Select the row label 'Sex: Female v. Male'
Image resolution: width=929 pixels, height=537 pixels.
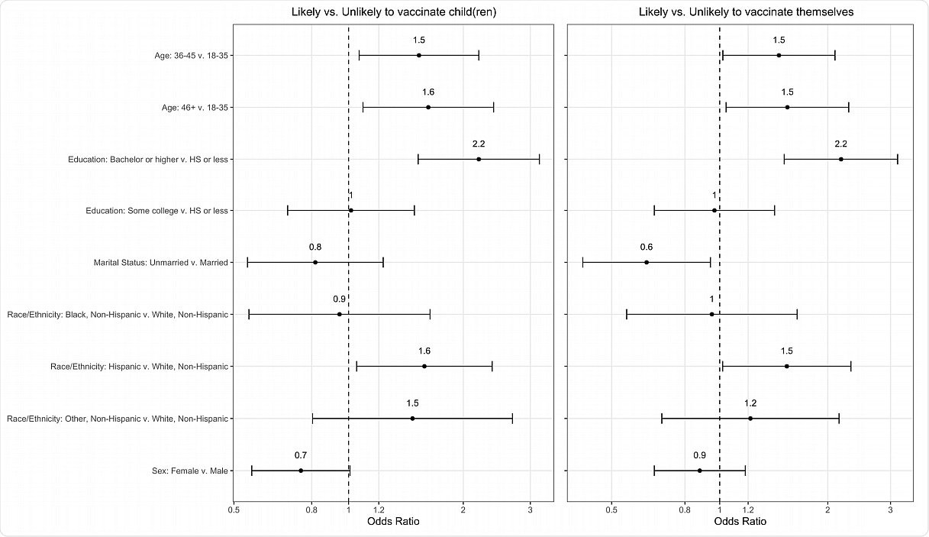[190, 471]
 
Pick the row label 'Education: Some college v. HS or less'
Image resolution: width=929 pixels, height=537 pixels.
[157, 211]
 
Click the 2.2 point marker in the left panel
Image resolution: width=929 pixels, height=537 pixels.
[479, 159]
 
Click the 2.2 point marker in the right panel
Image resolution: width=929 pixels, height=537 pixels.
[840, 159]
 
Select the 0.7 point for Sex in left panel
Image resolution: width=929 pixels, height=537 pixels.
[301, 471]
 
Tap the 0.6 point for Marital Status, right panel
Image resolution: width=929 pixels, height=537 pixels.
[647, 262]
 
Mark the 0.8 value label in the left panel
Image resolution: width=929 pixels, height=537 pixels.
[315, 247]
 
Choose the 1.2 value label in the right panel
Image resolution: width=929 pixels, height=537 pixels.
[750, 403]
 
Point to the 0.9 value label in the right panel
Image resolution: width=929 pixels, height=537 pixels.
[699, 455]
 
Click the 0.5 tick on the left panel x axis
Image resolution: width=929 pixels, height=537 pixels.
[234, 510]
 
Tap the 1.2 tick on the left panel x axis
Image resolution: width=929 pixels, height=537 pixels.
[379, 510]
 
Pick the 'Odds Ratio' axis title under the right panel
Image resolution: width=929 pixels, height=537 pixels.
[740, 522]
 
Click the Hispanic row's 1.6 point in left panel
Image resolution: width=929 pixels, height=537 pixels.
[424, 367]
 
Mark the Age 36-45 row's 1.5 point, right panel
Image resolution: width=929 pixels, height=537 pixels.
[779, 55]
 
